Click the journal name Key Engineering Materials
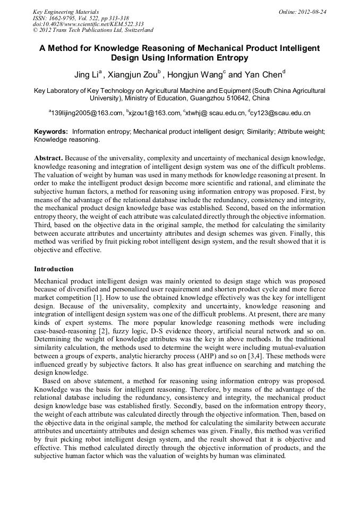tap(66, 12)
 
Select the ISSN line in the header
tap(81, 18)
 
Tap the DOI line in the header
tap(88, 24)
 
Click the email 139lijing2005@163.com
tap(86, 113)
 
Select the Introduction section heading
tap(54, 269)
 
